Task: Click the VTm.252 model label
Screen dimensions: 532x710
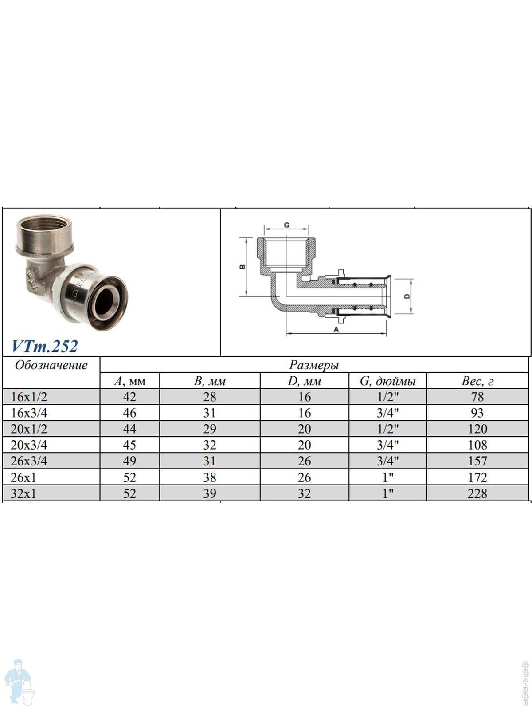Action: [x=45, y=346]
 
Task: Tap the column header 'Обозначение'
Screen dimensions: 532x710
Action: [x=51, y=365]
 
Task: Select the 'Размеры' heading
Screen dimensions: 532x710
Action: [x=314, y=365]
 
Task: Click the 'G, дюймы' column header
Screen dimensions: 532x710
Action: [x=387, y=381]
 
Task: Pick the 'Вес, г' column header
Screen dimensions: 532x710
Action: [x=477, y=381]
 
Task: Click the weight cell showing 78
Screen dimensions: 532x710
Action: [x=477, y=397]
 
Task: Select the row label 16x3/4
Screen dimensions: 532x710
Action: [x=29, y=413]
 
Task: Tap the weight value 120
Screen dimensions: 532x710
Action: [x=477, y=429]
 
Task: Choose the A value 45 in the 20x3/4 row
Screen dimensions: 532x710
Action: [x=129, y=445]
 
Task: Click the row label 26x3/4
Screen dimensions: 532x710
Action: [x=29, y=461]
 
